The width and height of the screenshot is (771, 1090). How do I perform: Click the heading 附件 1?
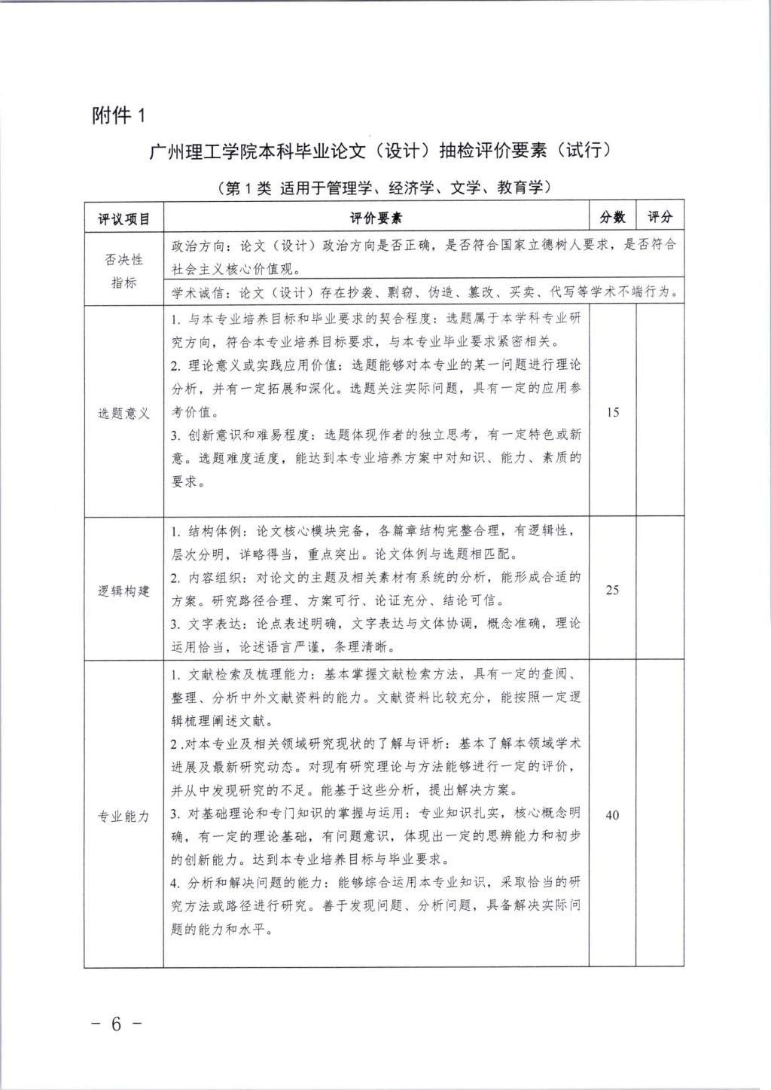117,115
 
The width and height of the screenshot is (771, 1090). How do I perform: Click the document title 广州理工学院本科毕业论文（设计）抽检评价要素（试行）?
380,150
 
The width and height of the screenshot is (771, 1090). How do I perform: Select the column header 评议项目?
124,218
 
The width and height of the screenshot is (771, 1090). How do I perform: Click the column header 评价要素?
376,218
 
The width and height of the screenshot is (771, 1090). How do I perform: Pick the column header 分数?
613,218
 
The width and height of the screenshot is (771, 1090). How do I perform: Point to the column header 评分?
660,218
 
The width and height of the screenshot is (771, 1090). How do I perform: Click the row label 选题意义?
124,414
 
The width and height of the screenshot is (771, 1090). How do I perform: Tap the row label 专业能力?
124,816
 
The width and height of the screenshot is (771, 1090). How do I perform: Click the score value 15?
613,413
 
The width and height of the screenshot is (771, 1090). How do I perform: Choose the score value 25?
613,591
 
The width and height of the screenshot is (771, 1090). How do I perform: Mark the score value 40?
613,815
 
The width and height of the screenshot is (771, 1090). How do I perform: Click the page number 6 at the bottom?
116,1025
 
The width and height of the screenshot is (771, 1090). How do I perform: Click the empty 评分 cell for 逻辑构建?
660,591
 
